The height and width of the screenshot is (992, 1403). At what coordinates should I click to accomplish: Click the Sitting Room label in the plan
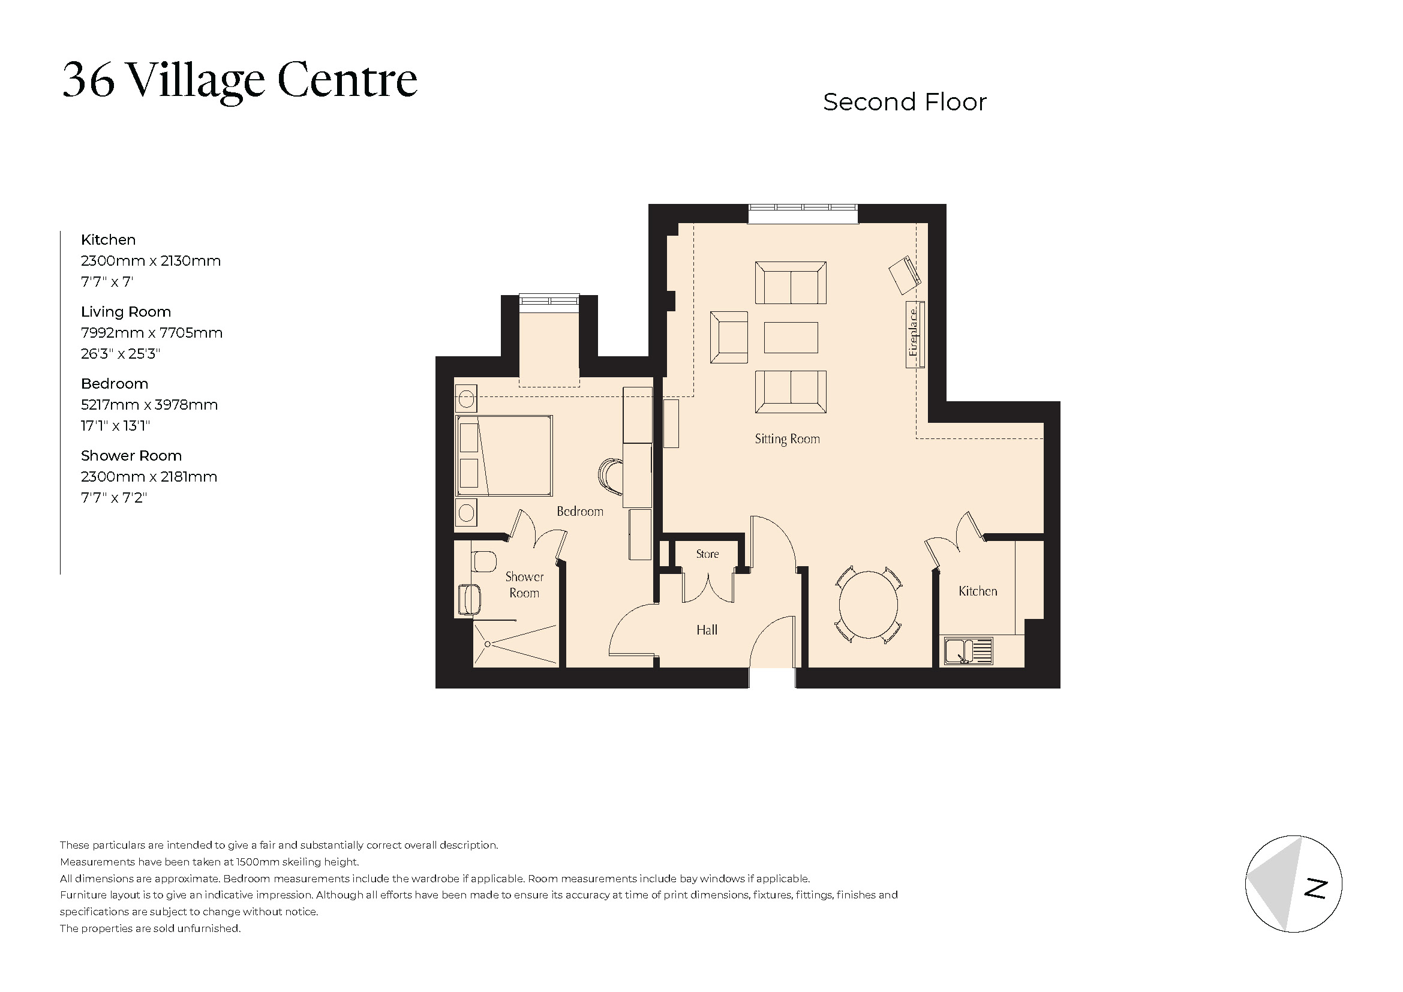pyautogui.click(x=787, y=439)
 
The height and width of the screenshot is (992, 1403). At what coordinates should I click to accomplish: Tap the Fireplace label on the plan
pyautogui.click(x=914, y=333)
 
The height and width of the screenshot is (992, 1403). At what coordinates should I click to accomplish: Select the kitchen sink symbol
pyautogui.click(x=968, y=651)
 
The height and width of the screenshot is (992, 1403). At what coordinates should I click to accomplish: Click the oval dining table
pyautogui.click(x=869, y=605)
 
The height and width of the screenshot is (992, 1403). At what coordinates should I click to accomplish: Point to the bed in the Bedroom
pyautogui.click(x=504, y=456)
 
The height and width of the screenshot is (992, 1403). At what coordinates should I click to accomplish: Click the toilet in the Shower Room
pyautogui.click(x=484, y=561)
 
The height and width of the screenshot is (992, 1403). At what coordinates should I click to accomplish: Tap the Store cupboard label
pyautogui.click(x=707, y=554)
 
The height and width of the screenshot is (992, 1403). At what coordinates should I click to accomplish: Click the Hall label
pyautogui.click(x=707, y=630)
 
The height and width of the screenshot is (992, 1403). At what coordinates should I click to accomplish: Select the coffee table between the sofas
pyautogui.click(x=791, y=338)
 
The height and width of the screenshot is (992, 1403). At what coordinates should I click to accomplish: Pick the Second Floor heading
pyautogui.click(x=905, y=102)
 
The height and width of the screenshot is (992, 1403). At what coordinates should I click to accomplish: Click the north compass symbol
pyautogui.click(x=1294, y=884)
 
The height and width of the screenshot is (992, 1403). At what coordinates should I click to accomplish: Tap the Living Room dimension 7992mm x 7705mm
pyautogui.click(x=152, y=333)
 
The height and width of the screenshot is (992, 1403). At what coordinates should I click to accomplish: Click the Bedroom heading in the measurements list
pyautogui.click(x=115, y=384)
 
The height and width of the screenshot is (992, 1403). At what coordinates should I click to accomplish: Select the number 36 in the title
pyautogui.click(x=89, y=80)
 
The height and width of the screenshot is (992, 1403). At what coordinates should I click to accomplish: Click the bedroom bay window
pyautogui.click(x=549, y=301)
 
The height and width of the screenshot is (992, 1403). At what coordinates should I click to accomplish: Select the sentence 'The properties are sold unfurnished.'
pyautogui.click(x=151, y=928)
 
